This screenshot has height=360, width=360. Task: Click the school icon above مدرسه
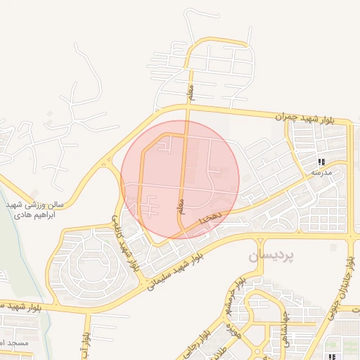click(321, 162)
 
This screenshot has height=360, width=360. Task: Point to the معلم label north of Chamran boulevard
click(190, 91)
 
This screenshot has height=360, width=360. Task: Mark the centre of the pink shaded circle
click(181, 179)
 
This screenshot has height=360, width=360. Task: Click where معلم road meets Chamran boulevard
click(188, 107)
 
